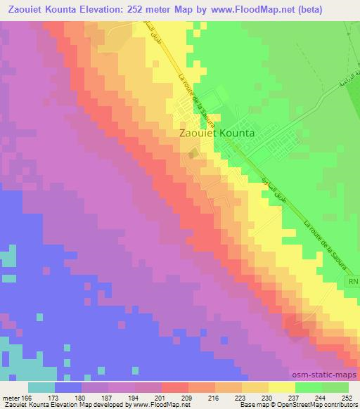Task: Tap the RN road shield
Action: pyautogui.click(x=352, y=280)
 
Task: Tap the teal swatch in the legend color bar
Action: pyautogui.click(x=41, y=387)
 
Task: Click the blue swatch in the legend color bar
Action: pyautogui.click(x=68, y=387)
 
